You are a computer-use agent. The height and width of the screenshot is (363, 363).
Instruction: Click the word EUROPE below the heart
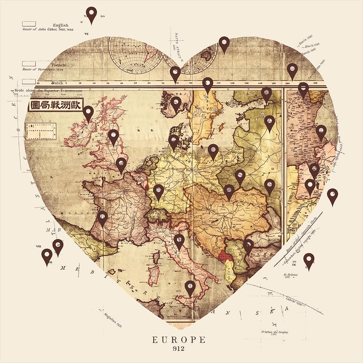pos(179,340)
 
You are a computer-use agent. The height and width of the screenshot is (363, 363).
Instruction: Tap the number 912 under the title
pos(179,348)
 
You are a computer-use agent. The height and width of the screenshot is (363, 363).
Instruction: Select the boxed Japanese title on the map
pos(56,105)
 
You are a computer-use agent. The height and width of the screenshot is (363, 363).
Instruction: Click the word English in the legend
pos(60,25)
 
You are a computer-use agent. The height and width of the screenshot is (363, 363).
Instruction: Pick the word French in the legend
pos(58,65)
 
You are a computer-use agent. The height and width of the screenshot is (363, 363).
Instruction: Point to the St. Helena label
pos(290,275)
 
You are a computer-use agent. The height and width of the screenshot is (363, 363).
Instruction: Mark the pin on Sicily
pos(190,287)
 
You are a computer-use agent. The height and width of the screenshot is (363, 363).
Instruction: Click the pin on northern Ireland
pos(88,113)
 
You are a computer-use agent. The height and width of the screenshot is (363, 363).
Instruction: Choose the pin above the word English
pos(91,15)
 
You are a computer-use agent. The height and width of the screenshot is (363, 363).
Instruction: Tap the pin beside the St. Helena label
pos(309,261)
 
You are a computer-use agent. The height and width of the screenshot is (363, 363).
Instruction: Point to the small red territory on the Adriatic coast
pos(224,256)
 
